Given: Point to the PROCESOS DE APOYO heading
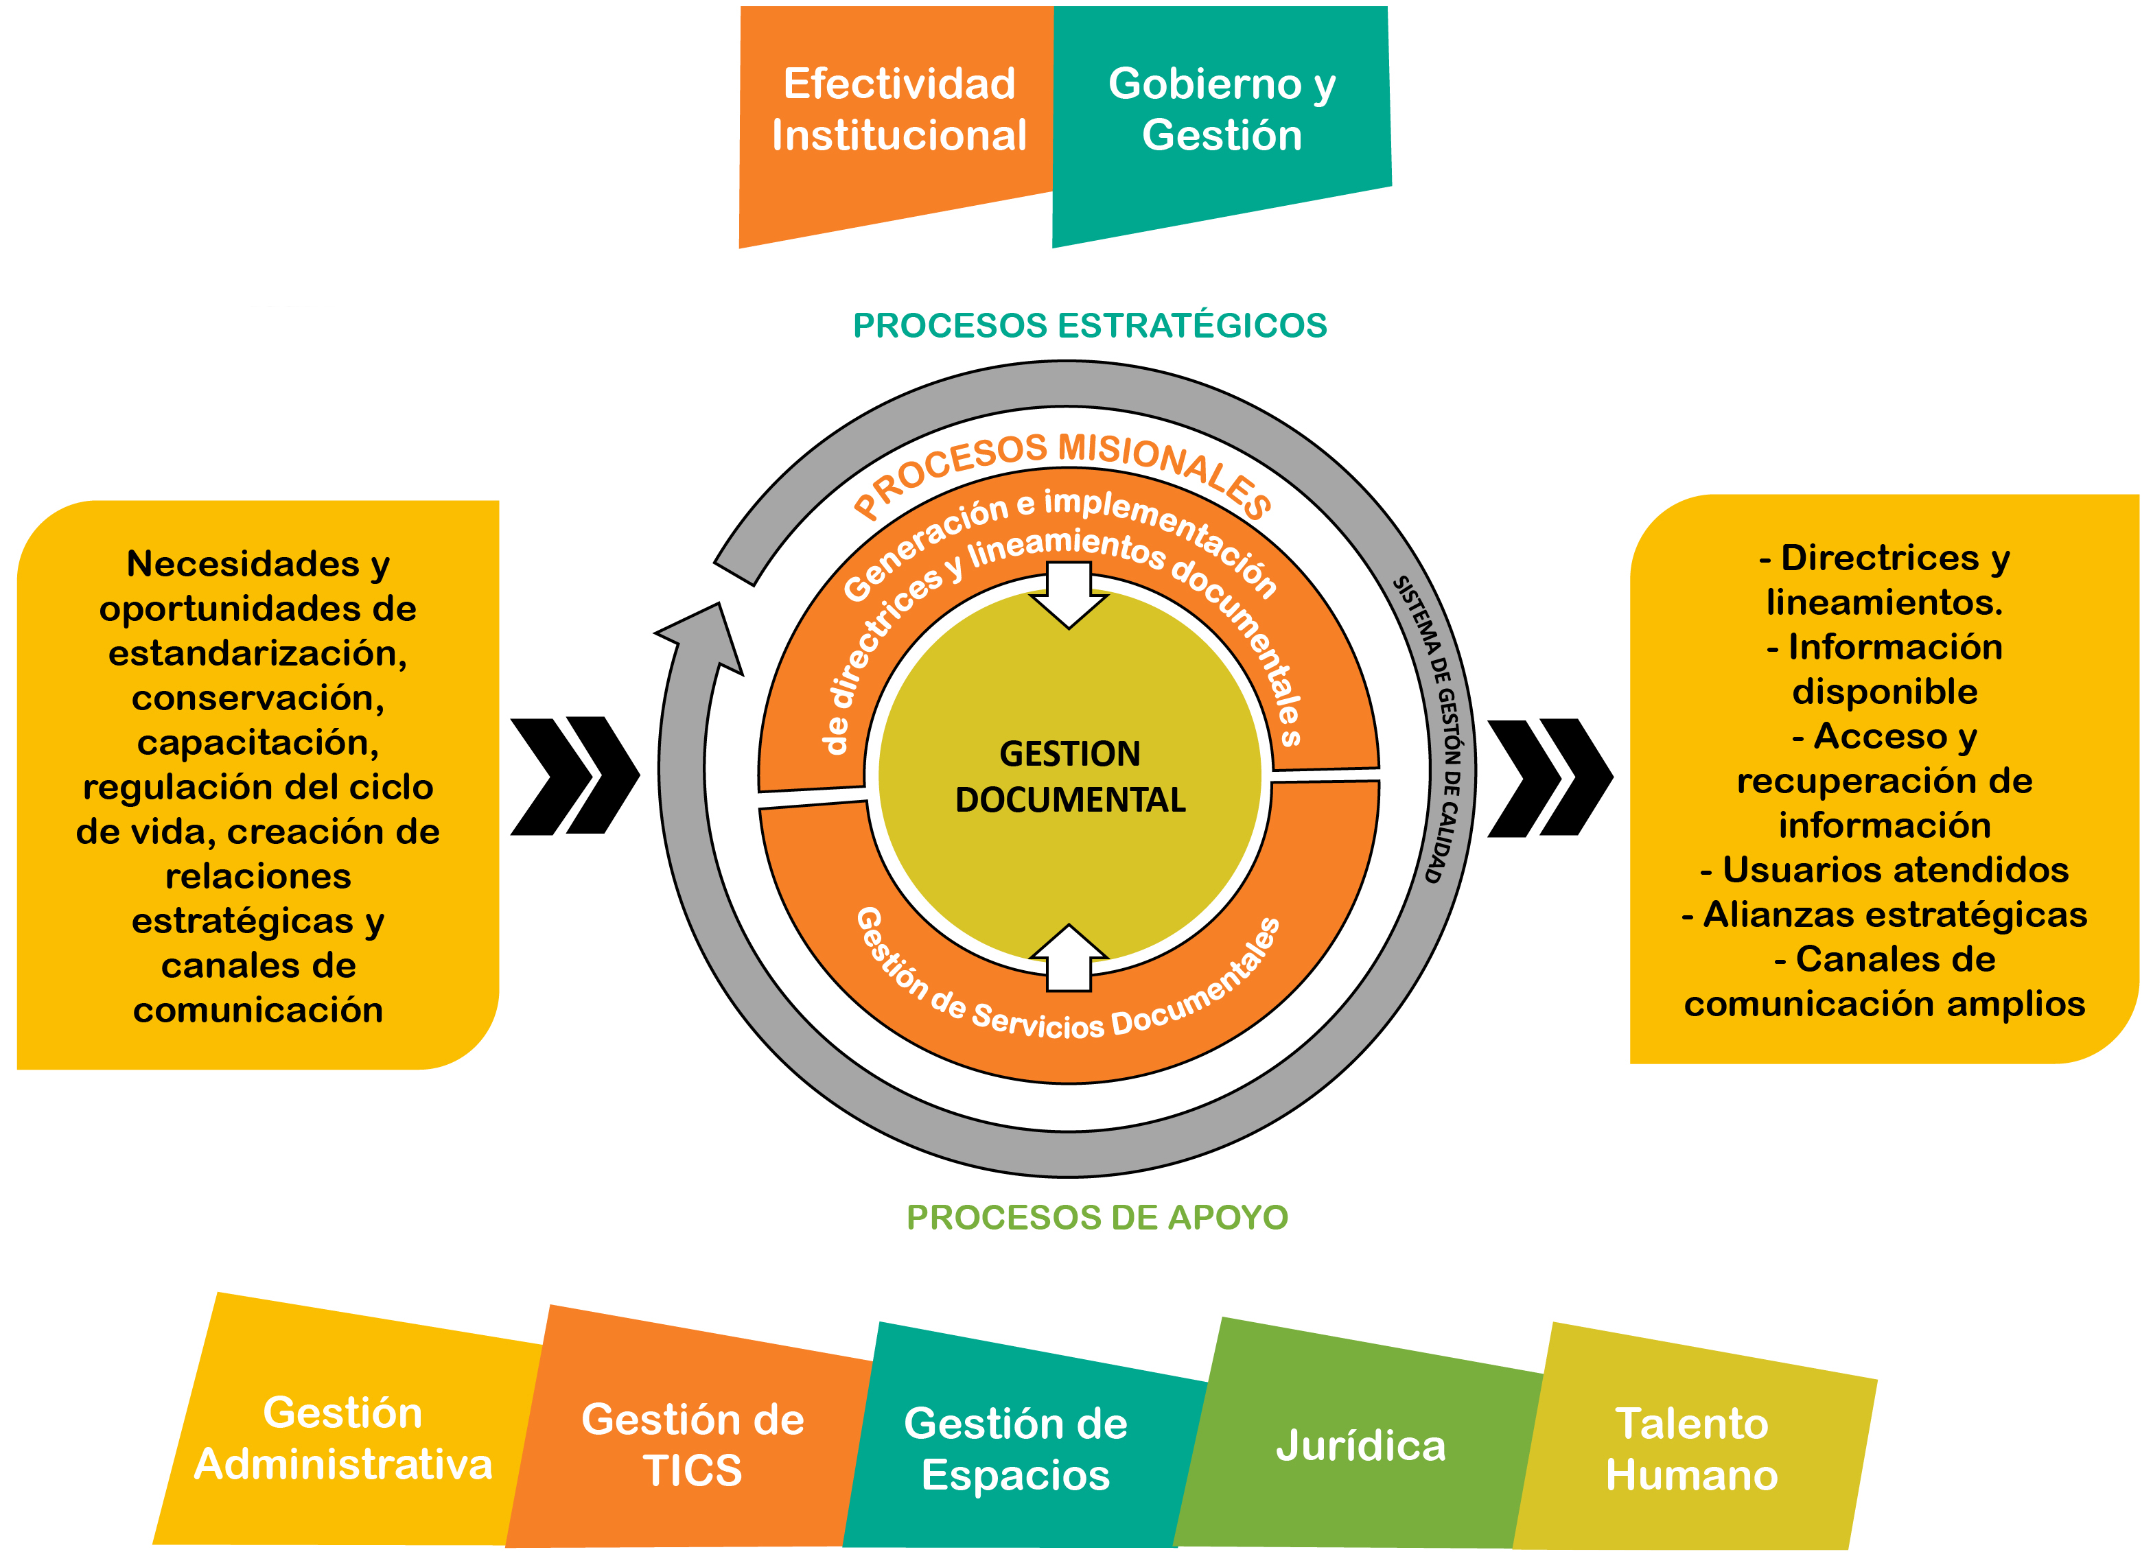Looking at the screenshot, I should (x=1097, y=1217).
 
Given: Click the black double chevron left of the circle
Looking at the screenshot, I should (x=574, y=775).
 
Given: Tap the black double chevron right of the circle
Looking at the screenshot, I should (x=1549, y=777).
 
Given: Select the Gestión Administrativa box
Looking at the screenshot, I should (x=344, y=1438).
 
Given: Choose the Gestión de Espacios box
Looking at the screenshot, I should (x=1016, y=1448).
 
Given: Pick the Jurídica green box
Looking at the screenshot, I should (x=1360, y=1446).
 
